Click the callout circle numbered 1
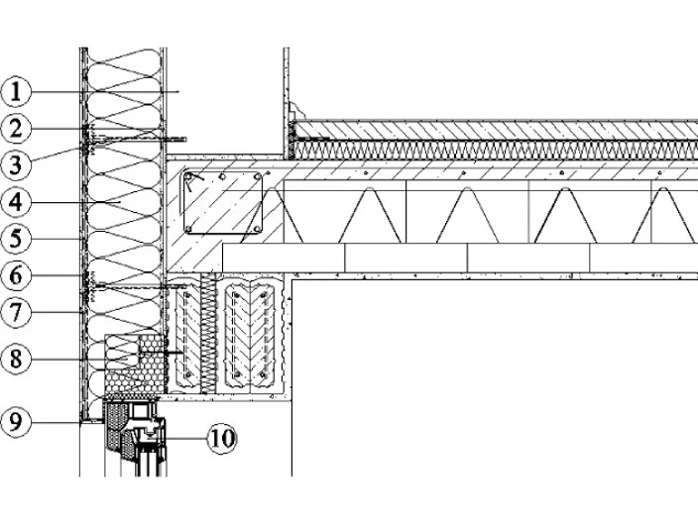point(16,92)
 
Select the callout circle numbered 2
point(16,129)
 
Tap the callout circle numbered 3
point(16,165)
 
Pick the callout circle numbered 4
point(16,202)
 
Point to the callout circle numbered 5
point(16,239)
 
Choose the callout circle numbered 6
point(16,275)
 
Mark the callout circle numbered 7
point(16,312)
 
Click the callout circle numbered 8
point(16,359)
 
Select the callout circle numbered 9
point(16,422)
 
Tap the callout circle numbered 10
point(222,439)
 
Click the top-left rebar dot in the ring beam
point(188,177)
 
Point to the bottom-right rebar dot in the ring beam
point(257,229)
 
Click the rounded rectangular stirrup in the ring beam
point(183,203)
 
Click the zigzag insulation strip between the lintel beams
point(208,333)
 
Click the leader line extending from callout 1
point(105,91)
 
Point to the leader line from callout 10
point(184,439)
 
